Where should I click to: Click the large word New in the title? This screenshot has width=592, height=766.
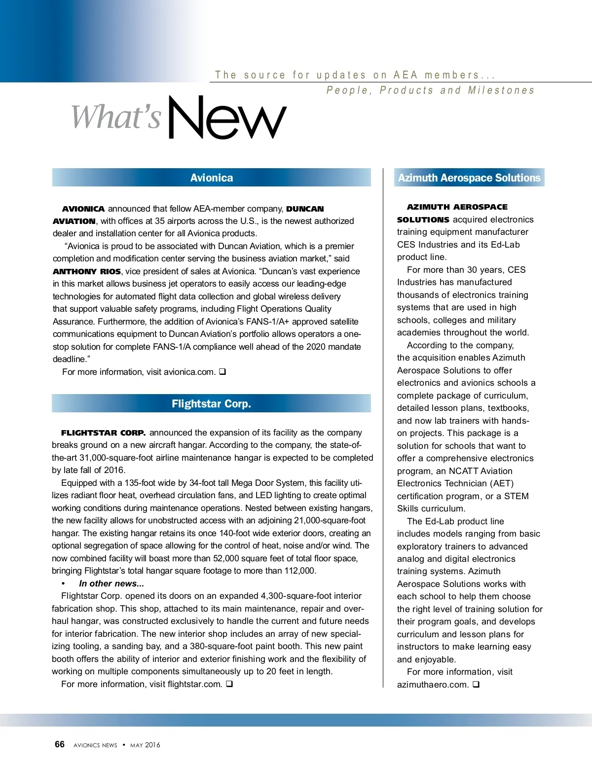point(227,118)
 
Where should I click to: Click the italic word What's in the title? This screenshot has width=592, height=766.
point(116,117)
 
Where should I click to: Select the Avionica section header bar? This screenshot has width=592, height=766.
point(211,178)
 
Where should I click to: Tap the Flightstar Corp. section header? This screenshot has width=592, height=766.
point(211,403)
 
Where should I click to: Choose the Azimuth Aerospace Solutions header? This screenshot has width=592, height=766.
point(469,178)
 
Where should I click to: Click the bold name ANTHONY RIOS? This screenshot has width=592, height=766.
point(87,271)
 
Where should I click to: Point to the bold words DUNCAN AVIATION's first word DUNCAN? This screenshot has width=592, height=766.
point(305,209)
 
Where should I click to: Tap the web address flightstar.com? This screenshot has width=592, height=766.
point(195,684)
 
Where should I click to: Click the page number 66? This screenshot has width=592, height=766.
point(60,744)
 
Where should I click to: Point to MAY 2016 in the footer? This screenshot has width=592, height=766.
point(145,745)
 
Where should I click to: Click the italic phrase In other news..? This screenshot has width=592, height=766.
point(111,584)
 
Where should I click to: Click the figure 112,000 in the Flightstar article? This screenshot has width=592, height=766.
point(299,571)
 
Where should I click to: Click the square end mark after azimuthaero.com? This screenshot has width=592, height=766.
point(476,685)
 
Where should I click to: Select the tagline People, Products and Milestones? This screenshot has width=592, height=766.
point(430,90)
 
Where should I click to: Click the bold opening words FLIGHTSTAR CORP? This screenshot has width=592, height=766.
point(104,433)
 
